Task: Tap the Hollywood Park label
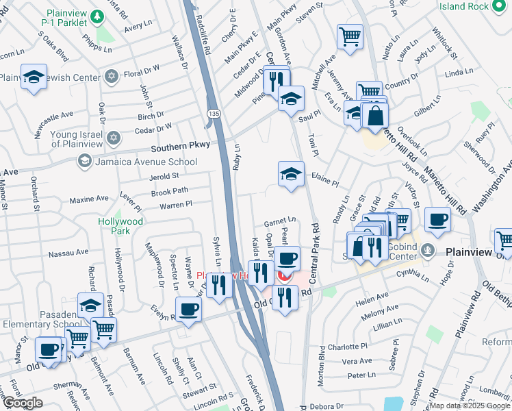tap(120, 226)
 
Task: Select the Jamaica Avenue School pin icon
tap(85, 161)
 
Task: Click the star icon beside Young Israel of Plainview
tap(114, 139)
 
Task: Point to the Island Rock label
tap(465, 6)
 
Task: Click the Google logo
tap(23, 403)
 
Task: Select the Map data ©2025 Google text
tap(470, 406)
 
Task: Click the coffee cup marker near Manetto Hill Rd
tap(437, 220)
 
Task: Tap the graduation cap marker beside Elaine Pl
tap(291, 174)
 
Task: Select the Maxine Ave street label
tap(89, 199)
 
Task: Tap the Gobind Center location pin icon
tap(429, 249)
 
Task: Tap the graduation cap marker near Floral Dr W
tap(33, 77)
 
